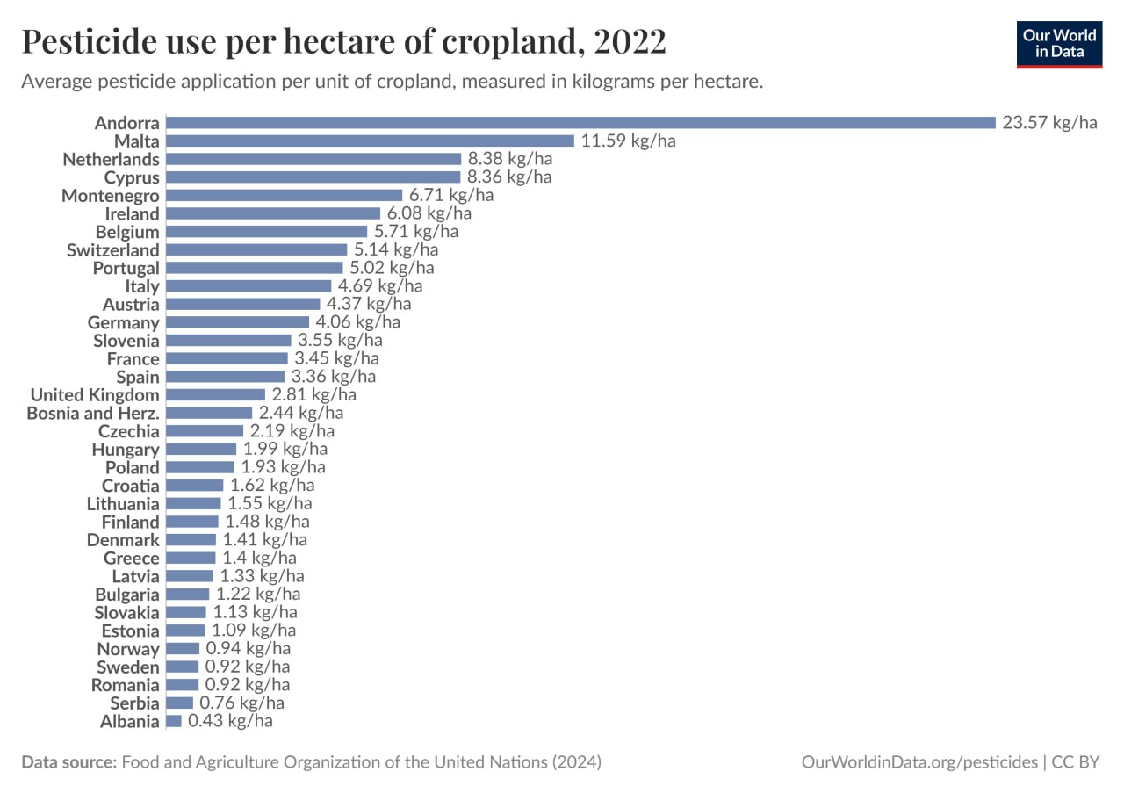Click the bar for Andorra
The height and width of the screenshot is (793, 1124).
point(580,123)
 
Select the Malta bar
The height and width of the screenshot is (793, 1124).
point(370,141)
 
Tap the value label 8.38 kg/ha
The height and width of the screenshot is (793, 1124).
point(510,159)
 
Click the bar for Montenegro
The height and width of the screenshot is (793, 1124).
point(284,195)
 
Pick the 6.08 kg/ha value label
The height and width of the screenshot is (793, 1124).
point(429,213)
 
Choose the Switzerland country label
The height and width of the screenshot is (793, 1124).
point(113,250)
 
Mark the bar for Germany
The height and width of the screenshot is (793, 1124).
point(237,322)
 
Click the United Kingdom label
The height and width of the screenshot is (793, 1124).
point(95,395)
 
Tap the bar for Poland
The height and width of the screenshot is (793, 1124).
point(200,467)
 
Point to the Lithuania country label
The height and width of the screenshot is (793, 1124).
point(123,504)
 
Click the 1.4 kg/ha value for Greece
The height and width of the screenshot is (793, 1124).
point(259,559)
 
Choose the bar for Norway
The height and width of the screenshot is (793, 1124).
point(183,649)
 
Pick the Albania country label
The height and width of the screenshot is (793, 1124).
point(130,722)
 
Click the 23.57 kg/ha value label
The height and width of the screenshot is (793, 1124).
point(1050,123)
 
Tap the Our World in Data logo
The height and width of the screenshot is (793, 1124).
point(1059,44)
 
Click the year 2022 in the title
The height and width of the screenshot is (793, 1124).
point(623,41)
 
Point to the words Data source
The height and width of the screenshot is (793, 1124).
point(68,762)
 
